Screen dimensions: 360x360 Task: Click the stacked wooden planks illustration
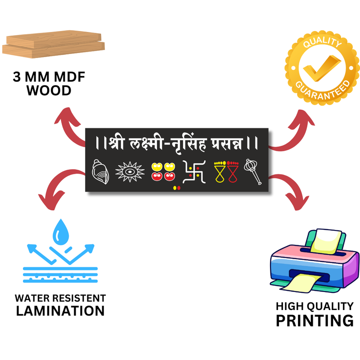[x=54, y=44]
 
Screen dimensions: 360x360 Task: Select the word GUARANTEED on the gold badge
[x=323, y=90]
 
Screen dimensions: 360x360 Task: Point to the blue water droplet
[x=60, y=233]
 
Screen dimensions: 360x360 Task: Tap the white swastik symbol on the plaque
[x=194, y=173]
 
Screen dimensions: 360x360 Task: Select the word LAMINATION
[x=60, y=310]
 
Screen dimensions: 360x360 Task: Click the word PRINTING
[x=315, y=320]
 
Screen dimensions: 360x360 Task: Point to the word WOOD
[x=49, y=90]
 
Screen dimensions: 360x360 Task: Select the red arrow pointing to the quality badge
[x=292, y=130]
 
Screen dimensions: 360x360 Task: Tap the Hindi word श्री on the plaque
[x=117, y=144]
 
